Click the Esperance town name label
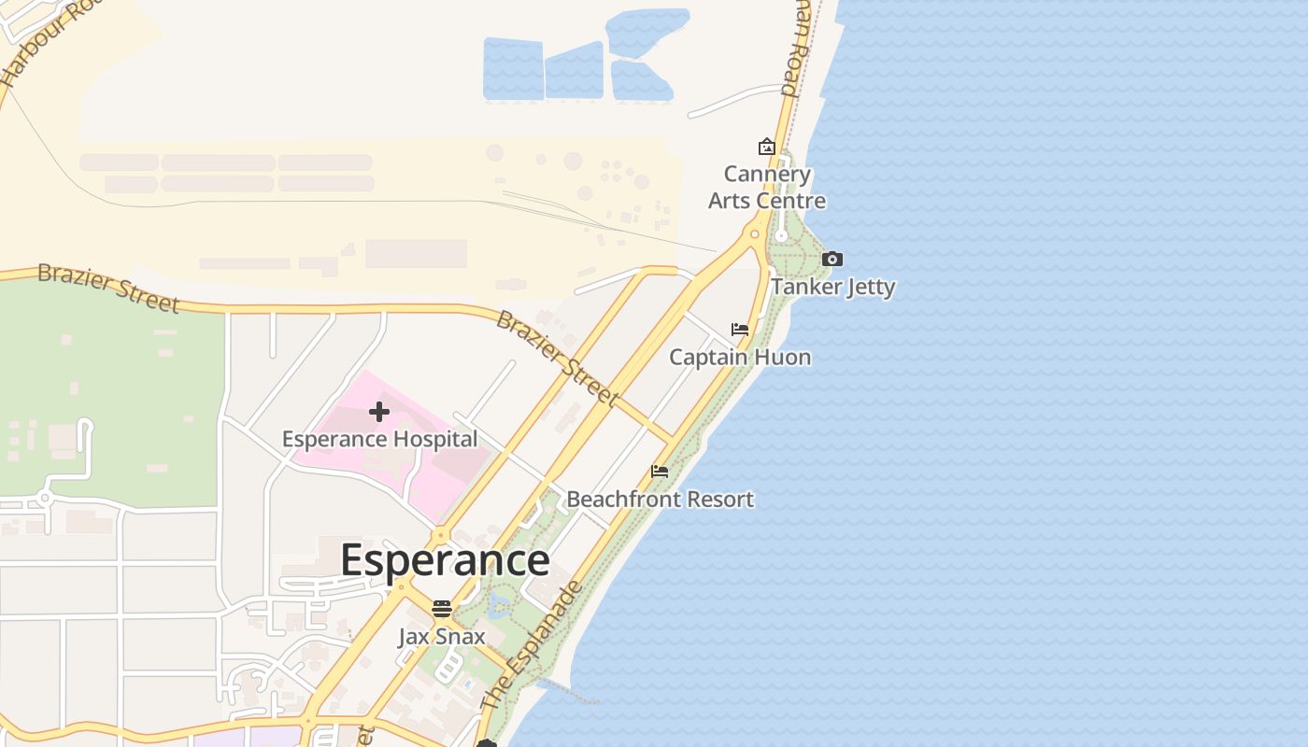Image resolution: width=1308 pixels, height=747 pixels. (445, 559)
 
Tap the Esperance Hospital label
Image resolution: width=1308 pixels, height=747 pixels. (379, 439)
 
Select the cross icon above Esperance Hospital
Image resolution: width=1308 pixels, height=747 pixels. (379, 412)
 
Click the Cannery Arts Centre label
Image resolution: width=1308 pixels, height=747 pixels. (767, 188)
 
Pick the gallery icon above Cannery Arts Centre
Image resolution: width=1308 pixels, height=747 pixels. (766, 147)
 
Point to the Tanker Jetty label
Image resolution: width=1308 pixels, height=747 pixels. (832, 287)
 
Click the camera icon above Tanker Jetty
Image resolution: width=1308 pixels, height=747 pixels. (832, 260)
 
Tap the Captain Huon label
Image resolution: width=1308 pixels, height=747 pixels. (740, 357)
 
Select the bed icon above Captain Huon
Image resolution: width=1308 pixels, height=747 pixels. (740, 330)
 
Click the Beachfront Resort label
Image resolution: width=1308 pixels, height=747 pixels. (660, 499)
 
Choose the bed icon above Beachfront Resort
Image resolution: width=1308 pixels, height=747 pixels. (660, 472)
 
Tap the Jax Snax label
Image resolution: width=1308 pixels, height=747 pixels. (442, 637)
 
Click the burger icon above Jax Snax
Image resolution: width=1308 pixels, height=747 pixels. (442, 610)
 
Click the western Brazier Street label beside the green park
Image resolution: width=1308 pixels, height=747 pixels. (108, 289)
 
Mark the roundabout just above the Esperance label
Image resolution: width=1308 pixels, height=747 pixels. (440, 537)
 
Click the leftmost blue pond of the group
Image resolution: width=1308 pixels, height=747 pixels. (513, 69)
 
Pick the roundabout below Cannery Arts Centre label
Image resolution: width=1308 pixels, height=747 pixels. (755, 233)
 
